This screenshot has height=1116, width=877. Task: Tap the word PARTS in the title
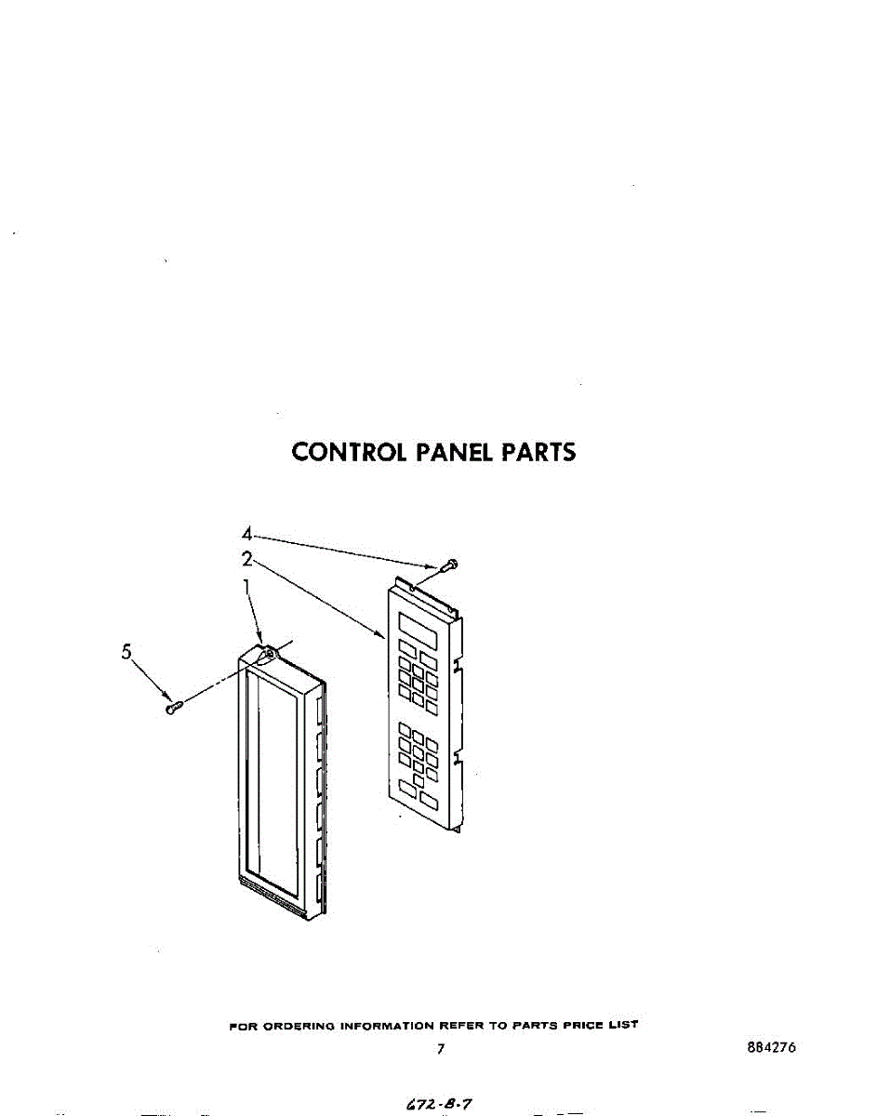click(538, 452)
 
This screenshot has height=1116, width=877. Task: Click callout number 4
click(246, 534)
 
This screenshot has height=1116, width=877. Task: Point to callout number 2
click(246, 559)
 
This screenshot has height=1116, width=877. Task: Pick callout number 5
click(126, 652)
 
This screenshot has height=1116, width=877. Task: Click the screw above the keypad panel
click(450, 564)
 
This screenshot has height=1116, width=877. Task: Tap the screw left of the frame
click(174, 707)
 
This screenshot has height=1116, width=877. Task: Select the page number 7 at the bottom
click(440, 1049)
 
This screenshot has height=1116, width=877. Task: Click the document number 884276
click(771, 1048)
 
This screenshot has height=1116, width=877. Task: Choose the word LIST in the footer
click(624, 1025)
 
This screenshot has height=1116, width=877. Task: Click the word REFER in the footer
click(460, 1025)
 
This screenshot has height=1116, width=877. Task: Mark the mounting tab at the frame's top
click(268, 655)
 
